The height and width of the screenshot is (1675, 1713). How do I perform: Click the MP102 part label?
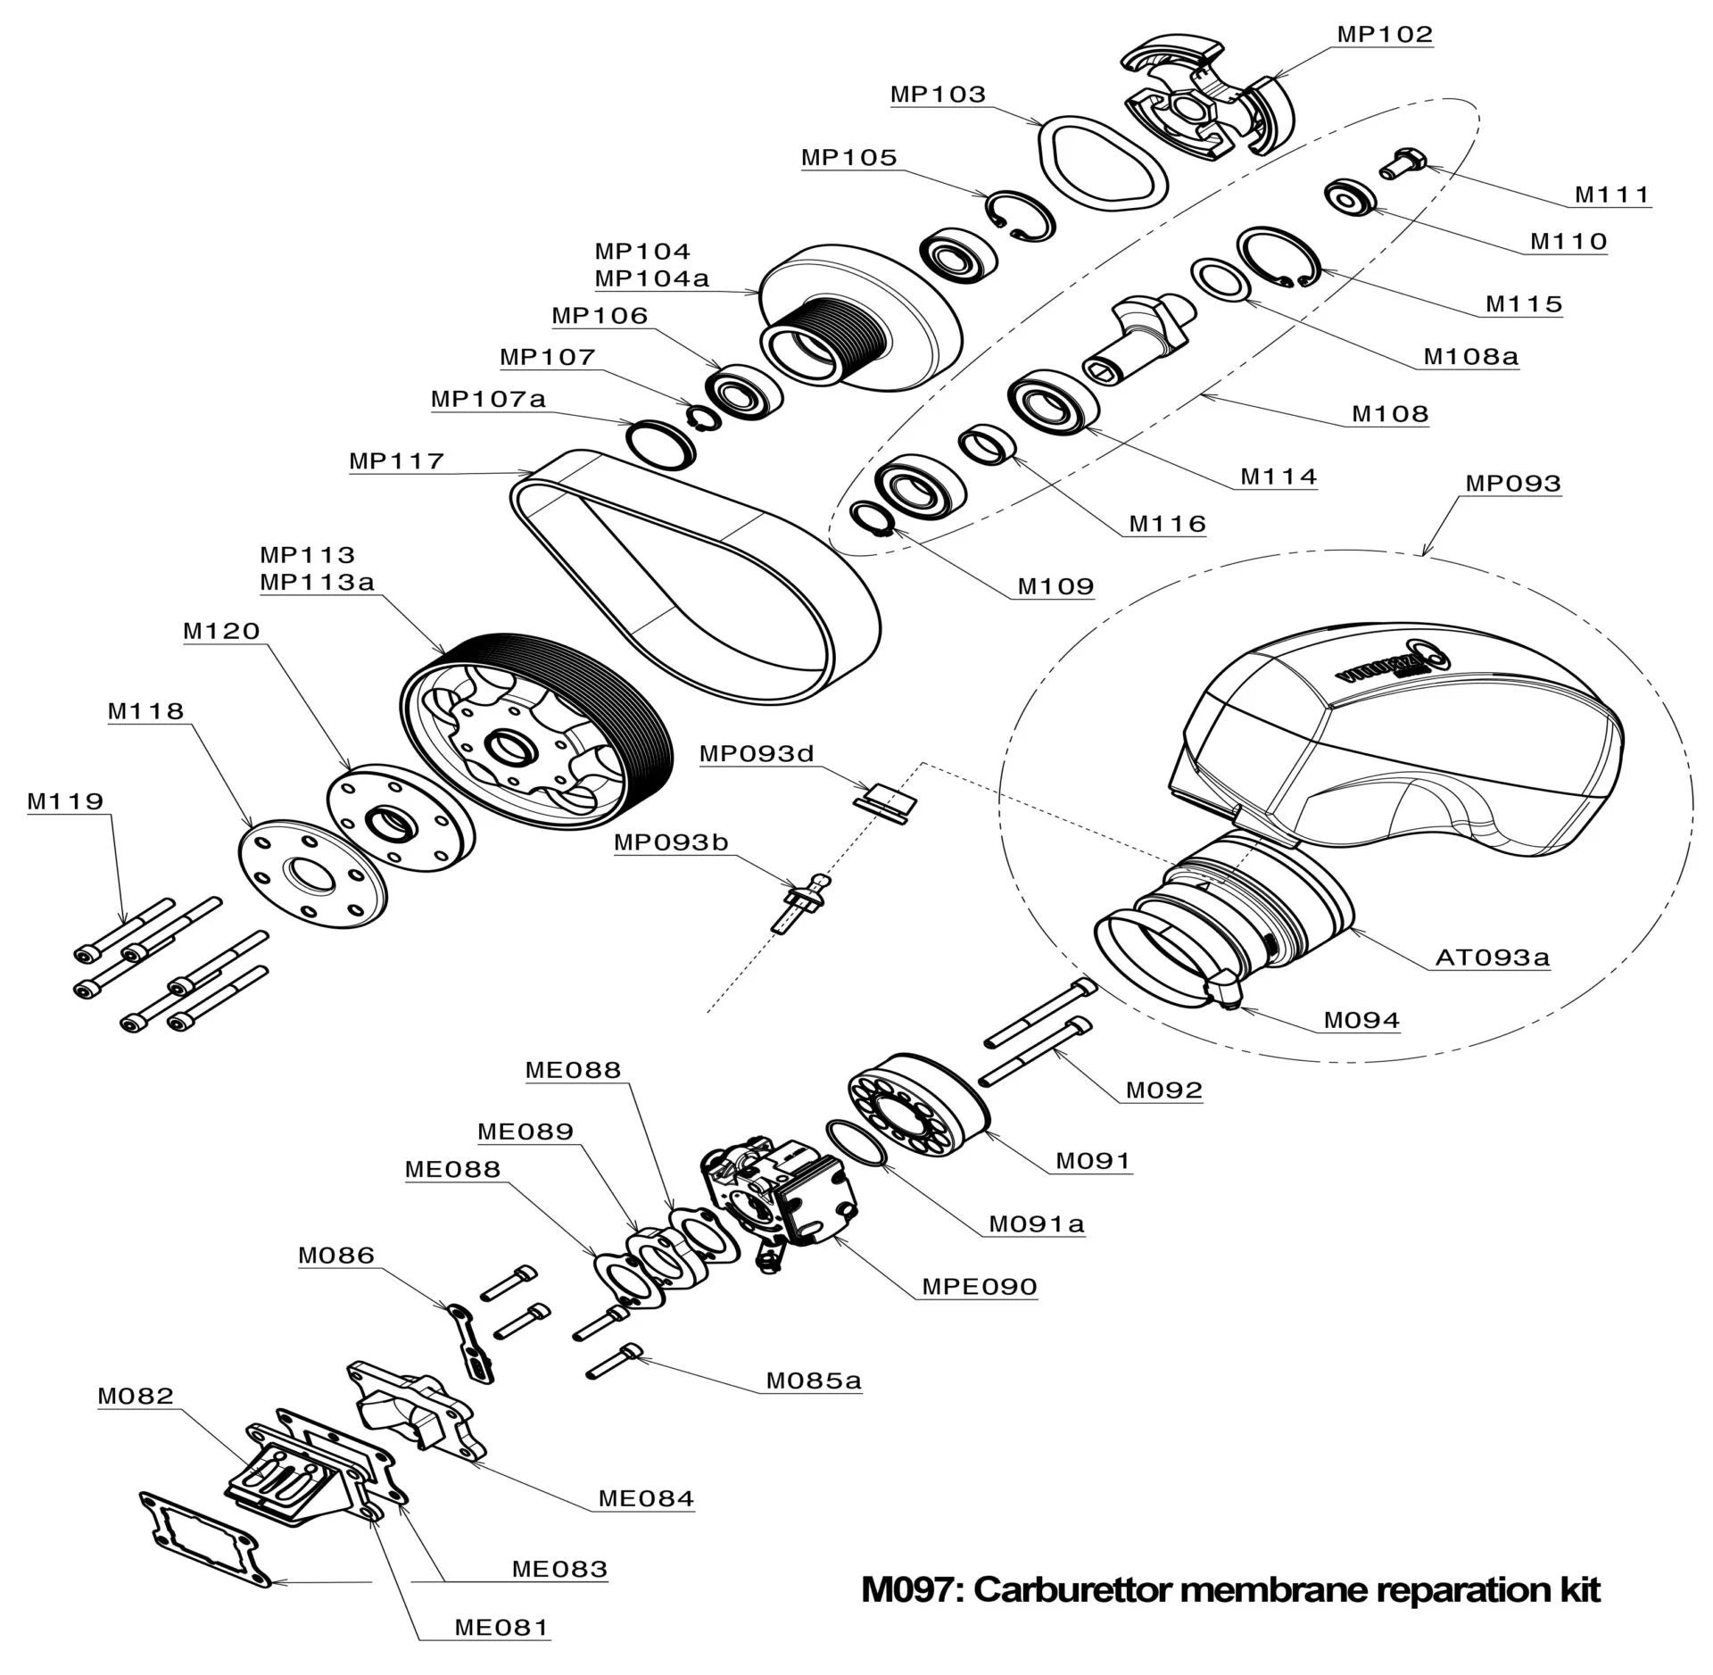(x=1384, y=35)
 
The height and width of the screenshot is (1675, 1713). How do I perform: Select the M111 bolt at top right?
(x=1404, y=163)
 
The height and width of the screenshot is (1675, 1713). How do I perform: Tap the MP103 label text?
(x=938, y=95)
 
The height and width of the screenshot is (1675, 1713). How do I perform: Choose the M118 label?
(x=145, y=712)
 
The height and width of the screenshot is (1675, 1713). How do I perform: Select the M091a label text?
(x=1036, y=1224)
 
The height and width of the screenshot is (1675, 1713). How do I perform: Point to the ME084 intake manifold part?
(x=419, y=1410)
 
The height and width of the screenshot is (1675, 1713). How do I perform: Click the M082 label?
(x=136, y=1397)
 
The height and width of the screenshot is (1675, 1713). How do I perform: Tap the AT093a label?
(x=1492, y=958)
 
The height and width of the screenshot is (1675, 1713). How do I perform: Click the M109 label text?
(x=1055, y=586)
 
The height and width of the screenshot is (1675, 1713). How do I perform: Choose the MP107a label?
(x=487, y=399)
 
